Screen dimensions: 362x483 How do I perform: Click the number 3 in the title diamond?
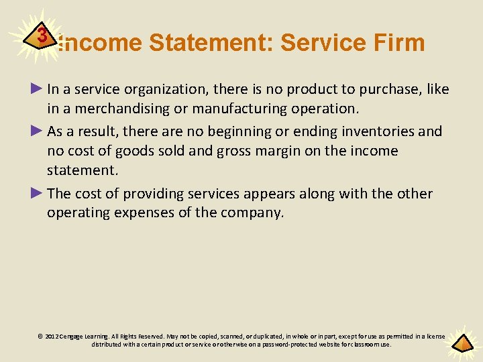coord(42,36)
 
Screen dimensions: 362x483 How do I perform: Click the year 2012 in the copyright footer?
coord(52,337)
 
